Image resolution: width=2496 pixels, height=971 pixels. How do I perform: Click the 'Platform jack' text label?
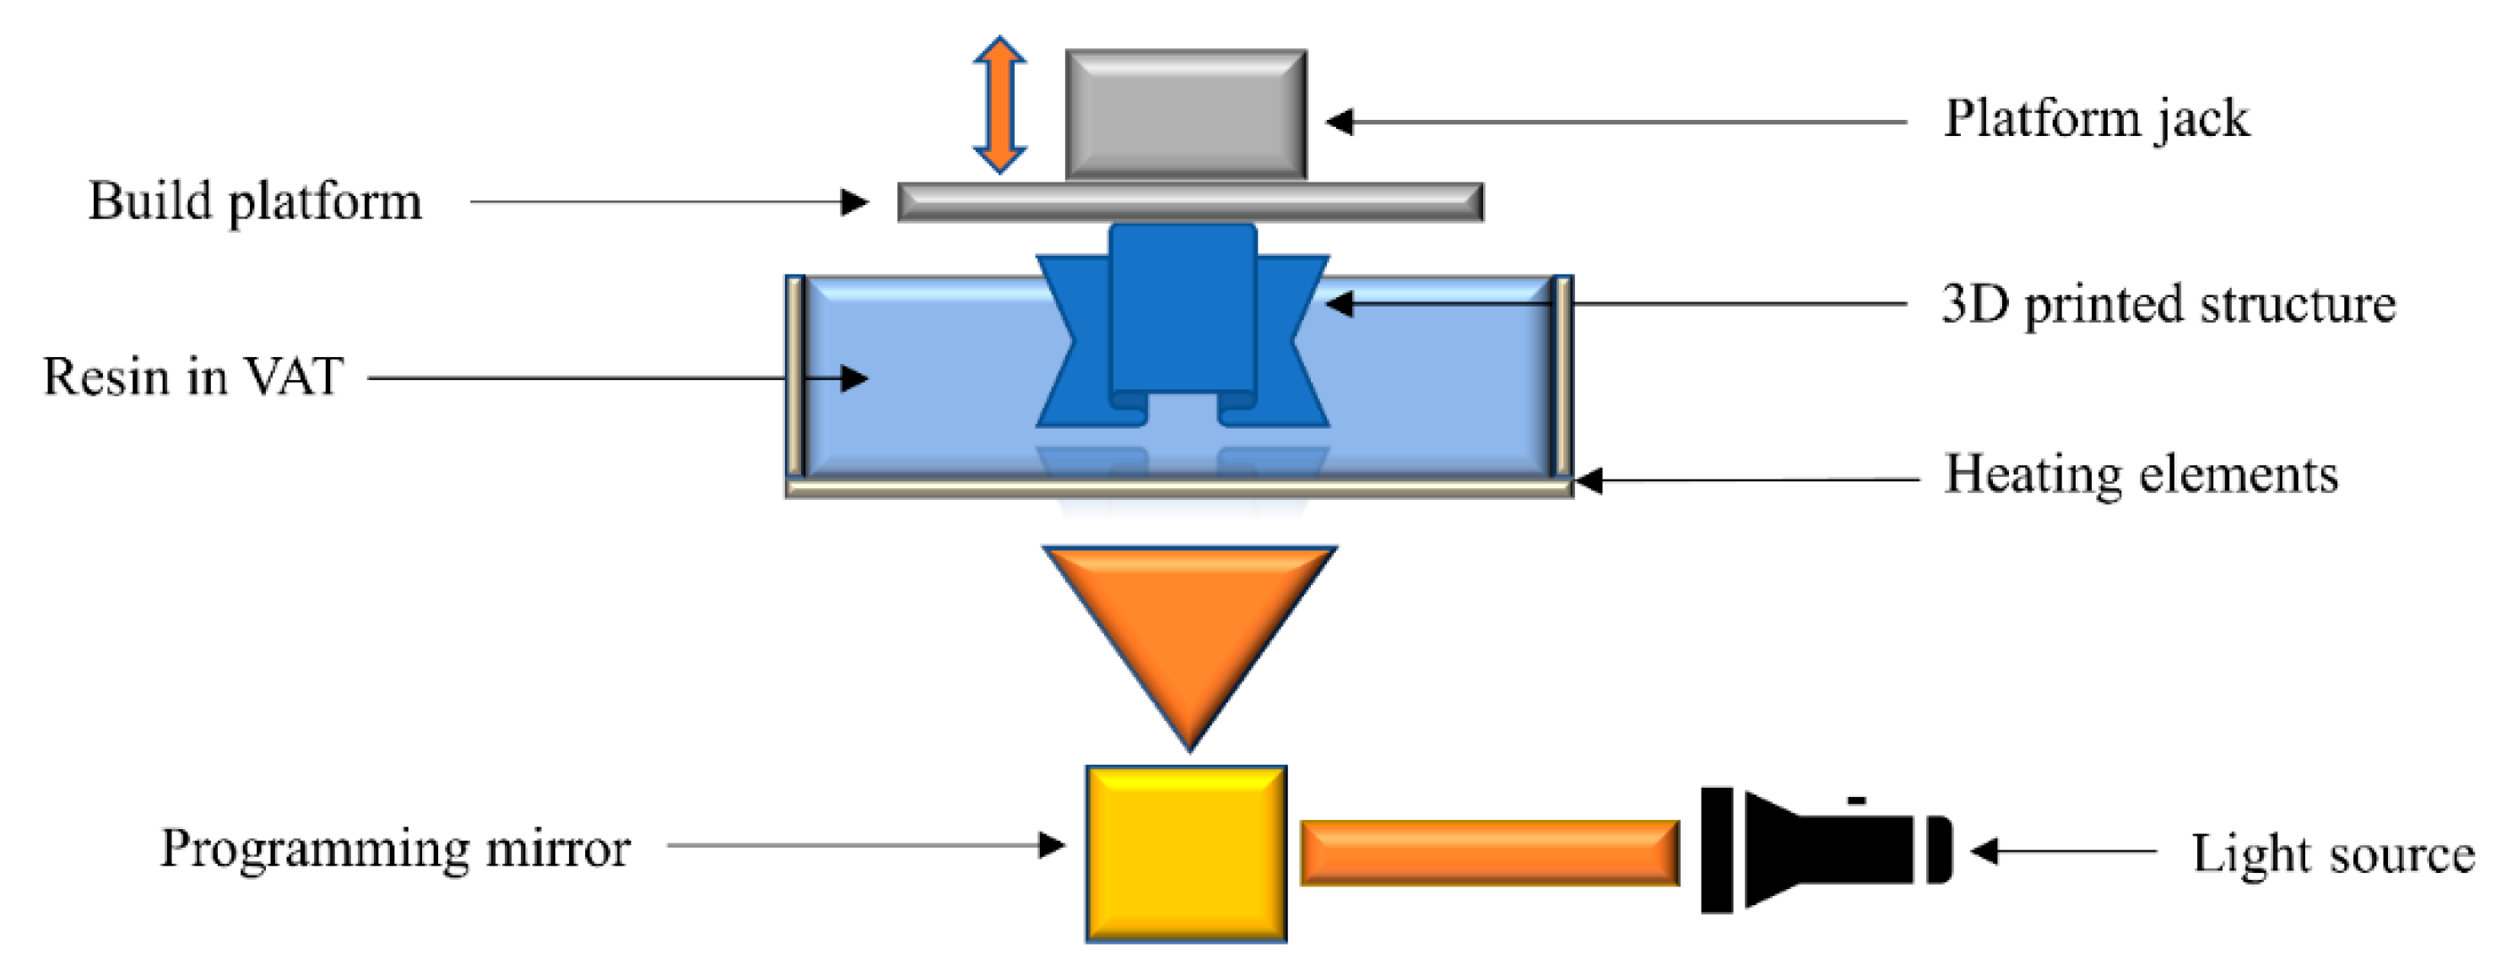2096,120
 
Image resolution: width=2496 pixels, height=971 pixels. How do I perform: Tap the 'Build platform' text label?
255,203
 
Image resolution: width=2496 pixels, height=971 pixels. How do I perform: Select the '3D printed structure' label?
2168,304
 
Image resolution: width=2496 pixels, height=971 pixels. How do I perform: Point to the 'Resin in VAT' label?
192,377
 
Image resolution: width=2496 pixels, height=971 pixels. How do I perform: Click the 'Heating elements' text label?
2141,475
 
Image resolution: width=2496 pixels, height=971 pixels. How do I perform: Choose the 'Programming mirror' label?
395,849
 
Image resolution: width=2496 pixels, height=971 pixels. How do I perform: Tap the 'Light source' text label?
2333,854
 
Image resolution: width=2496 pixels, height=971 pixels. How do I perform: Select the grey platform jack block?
1186,114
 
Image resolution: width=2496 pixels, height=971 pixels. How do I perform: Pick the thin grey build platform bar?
1190,203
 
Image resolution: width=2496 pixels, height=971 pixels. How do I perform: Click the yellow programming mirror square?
1186,854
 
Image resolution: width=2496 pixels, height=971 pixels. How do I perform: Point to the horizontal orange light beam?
1489,853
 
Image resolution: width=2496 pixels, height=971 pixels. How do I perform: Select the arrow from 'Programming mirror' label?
866,845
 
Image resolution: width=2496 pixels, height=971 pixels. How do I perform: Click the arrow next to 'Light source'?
2064,852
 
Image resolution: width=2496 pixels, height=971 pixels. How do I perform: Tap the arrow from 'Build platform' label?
669,203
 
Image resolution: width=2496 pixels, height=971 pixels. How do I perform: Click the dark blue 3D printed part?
1183,320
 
